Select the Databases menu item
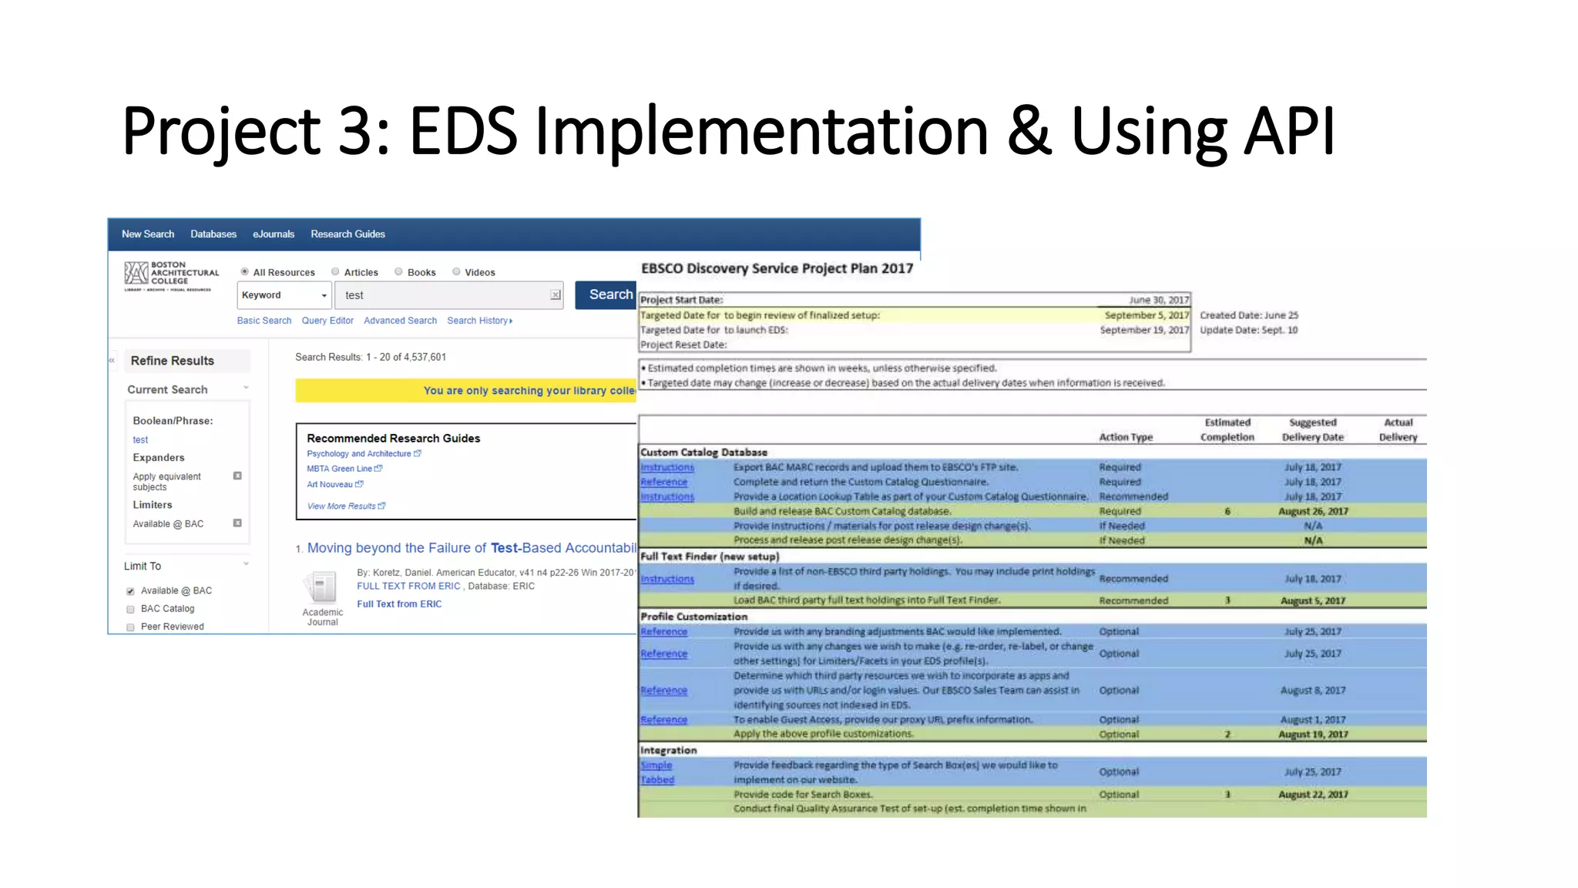tap(213, 234)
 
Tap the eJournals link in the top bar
tap(274, 234)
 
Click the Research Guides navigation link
tap(347, 234)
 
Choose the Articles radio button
tap(336, 272)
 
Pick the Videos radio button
tap(457, 272)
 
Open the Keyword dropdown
tap(284, 295)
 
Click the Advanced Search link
tap(400, 321)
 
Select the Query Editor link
tap(327, 321)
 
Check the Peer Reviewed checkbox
tap(131, 627)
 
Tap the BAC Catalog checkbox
tap(131, 610)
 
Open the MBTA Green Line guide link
tap(340, 469)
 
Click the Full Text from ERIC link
tap(399, 604)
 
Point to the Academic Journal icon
tap(322, 588)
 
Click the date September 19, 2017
tap(1144, 330)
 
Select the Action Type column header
tap(1126, 437)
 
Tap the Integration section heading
tap(668, 750)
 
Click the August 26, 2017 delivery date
tap(1313, 511)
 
